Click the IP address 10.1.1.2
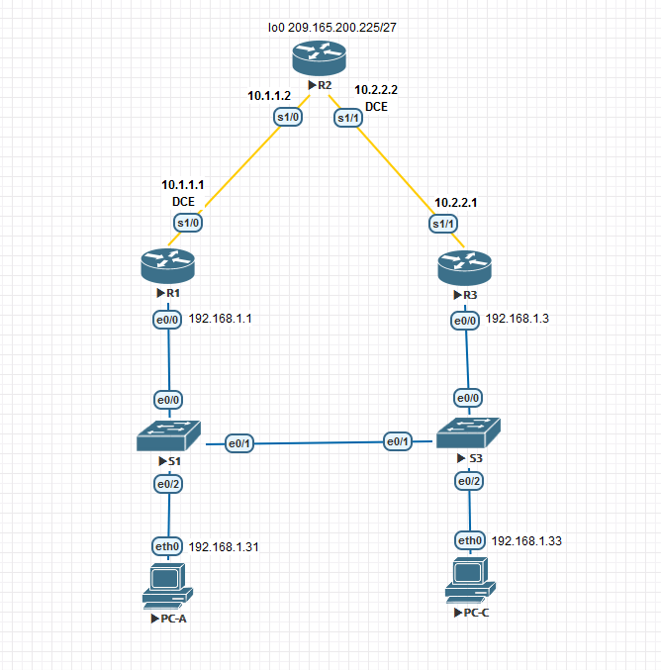pyautogui.click(x=269, y=96)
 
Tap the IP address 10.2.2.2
pyautogui.click(x=376, y=89)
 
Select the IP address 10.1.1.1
pyautogui.click(x=183, y=185)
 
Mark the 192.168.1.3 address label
pyautogui.click(x=517, y=319)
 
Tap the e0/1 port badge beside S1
pyautogui.click(x=239, y=443)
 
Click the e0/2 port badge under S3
pyautogui.click(x=469, y=481)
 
